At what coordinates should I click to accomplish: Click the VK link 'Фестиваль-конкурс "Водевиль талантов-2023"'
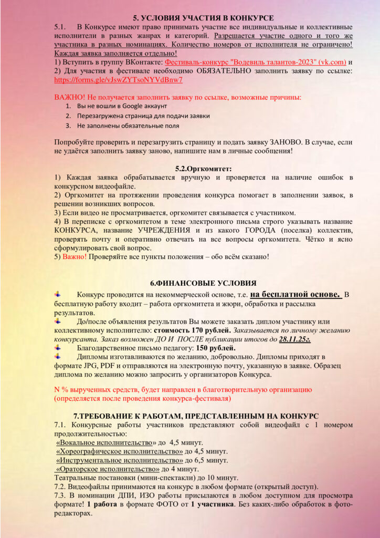tap(256, 62)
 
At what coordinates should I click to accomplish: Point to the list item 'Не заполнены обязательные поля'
tap(128, 126)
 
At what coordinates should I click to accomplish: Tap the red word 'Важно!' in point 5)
tap(75, 257)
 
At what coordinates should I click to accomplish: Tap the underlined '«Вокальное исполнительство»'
tap(98, 443)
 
